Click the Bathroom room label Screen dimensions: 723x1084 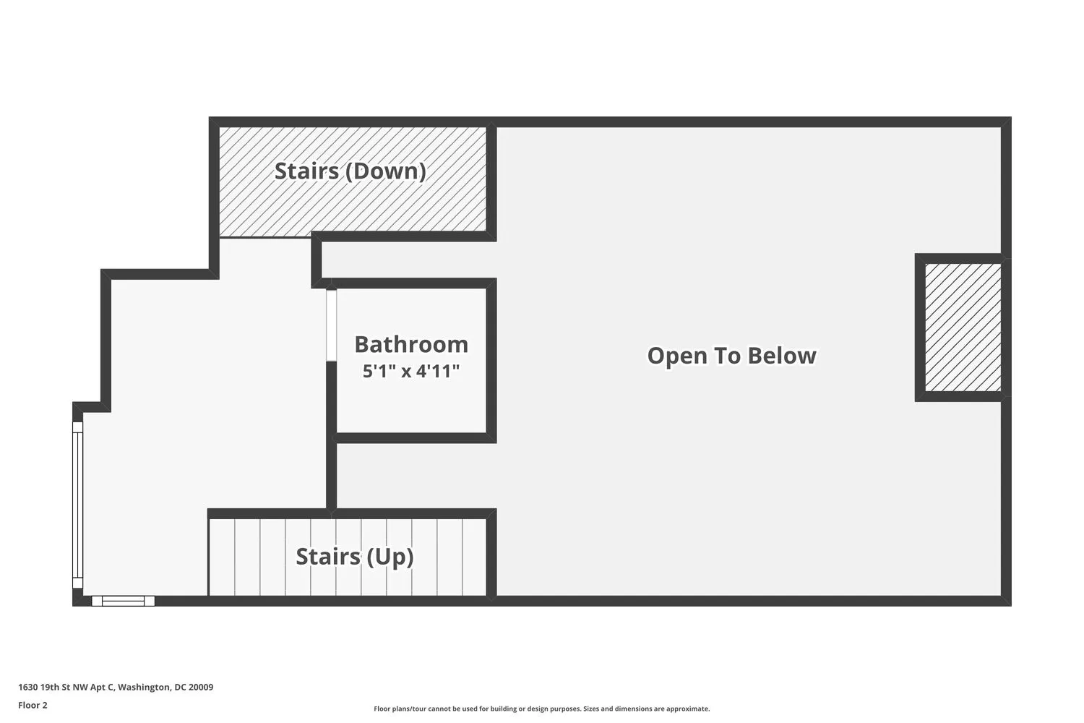click(411, 344)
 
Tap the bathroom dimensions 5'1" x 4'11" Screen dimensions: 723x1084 click(411, 372)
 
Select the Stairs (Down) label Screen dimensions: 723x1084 click(350, 171)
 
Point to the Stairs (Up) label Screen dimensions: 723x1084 click(355, 557)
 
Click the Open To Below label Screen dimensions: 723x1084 click(731, 356)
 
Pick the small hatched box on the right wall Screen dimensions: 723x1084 click(963, 328)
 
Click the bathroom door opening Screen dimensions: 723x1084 click(331, 325)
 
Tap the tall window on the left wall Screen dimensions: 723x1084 click(77, 505)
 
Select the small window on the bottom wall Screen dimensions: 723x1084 click(123, 600)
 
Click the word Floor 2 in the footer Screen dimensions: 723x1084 click(33, 705)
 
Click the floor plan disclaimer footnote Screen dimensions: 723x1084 click(541, 709)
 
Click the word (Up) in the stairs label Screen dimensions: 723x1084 click(390, 557)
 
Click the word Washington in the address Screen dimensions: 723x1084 click(144, 688)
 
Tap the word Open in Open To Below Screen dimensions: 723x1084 click(674, 356)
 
